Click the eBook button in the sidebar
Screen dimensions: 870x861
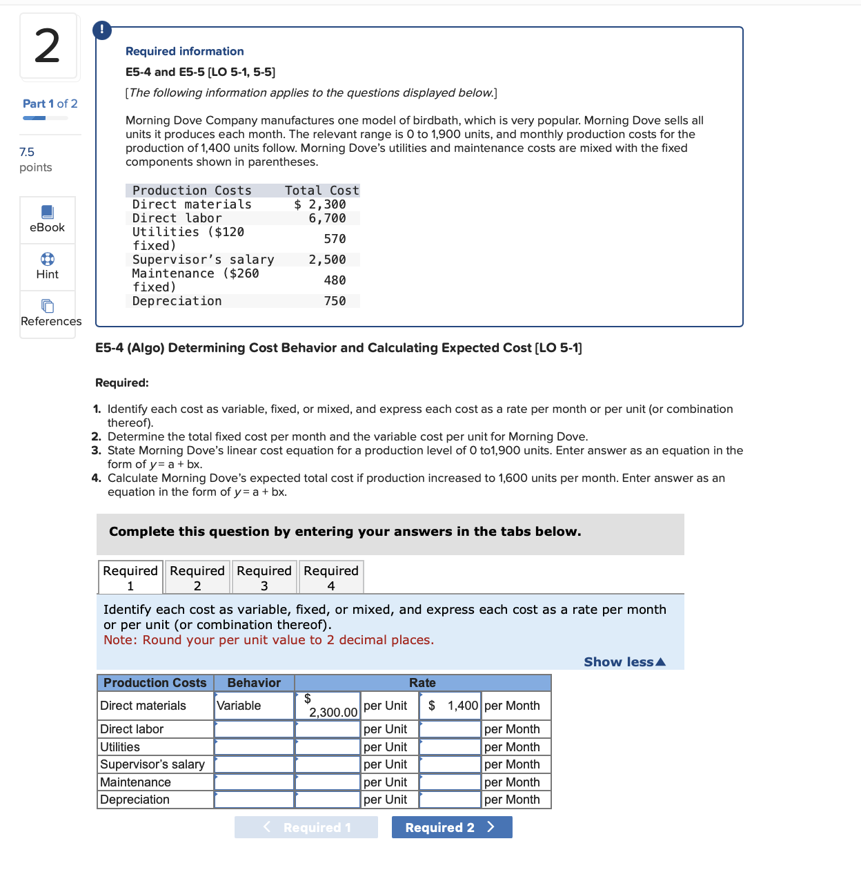pyautogui.click(x=48, y=220)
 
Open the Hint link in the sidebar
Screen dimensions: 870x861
pyautogui.click(x=48, y=267)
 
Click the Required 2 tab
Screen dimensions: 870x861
pyautogui.click(x=197, y=577)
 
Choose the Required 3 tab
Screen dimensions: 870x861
pyautogui.click(x=264, y=577)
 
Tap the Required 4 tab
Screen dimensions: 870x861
pyautogui.click(x=331, y=577)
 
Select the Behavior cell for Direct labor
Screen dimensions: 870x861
pyautogui.click(x=254, y=729)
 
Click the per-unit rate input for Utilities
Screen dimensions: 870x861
pyautogui.click(x=328, y=747)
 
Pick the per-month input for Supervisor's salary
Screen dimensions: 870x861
pyautogui.click(x=450, y=764)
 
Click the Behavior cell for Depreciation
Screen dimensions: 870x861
pyautogui.click(x=254, y=800)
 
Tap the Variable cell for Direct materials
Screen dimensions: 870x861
pyautogui.click(x=254, y=706)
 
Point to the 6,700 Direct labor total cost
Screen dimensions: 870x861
pyautogui.click(x=327, y=218)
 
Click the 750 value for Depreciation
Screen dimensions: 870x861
pyautogui.click(x=335, y=301)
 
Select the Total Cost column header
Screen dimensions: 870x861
pyautogui.click(x=321, y=191)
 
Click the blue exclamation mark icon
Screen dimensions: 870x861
pyautogui.click(x=102, y=30)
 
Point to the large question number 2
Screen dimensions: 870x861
pyautogui.click(x=48, y=46)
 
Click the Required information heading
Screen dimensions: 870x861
pyautogui.click(x=184, y=51)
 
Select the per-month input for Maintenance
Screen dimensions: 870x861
pyautogui.click(x=450, y=782)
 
